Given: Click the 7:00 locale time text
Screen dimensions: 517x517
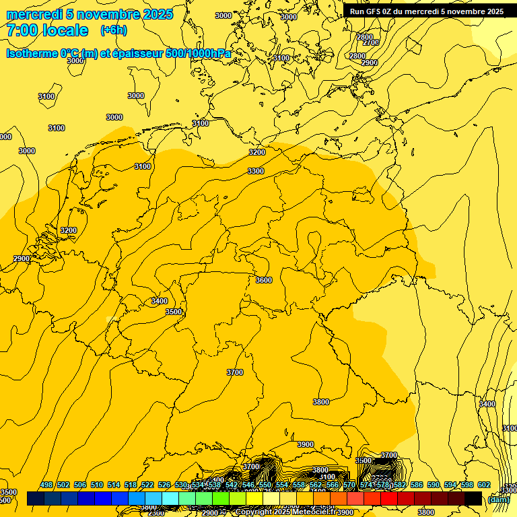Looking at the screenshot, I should [x=47, y=30].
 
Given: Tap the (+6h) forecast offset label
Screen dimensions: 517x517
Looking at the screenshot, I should [x=113, y=30].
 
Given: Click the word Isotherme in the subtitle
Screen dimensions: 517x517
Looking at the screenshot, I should [x=32, y=53].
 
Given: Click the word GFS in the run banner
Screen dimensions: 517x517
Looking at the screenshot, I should [x=374, y=11].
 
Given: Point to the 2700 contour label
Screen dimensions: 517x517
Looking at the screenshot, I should [x=371, y=42].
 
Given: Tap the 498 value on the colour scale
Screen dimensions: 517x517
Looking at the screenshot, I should [x=46, y=485].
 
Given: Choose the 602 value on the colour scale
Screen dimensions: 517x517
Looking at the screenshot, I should [x=484, y=485].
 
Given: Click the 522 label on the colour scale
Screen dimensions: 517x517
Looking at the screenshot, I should [x=147, y=485].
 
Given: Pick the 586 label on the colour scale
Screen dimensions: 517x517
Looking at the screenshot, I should [x=417, y=485].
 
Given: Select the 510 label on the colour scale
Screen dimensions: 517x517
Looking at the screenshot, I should [x=97, y=485].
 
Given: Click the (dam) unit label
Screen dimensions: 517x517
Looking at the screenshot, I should [x=499, y=499].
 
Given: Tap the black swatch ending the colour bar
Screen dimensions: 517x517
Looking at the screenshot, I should [x=473, y=499].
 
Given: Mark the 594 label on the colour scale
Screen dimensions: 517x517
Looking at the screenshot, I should [x=450, y=485].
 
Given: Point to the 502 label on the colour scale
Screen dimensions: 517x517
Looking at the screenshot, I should [x=63, y=485].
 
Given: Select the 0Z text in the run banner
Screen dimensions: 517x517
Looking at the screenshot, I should [x=390, y=11].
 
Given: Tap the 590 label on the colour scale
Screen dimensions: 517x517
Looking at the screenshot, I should [x=434, y=485].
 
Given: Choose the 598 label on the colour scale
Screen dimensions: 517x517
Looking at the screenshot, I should [x=467, y=485].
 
